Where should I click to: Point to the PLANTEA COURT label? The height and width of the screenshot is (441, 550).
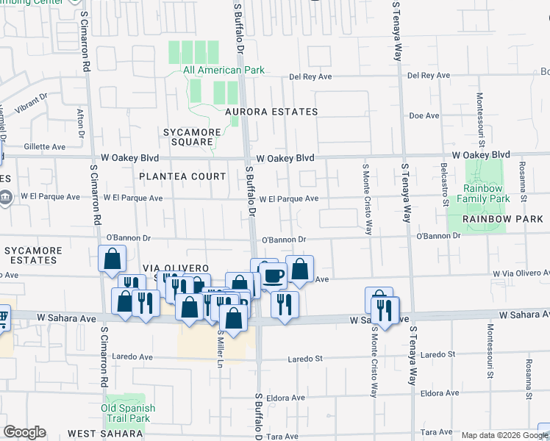[182, 176]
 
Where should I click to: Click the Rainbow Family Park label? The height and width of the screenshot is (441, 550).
[482, 193]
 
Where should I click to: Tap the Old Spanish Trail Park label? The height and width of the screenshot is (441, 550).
[129, 413]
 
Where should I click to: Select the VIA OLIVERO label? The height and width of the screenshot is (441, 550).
[177, 268]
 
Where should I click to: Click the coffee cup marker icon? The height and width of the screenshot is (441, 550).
[274, 276]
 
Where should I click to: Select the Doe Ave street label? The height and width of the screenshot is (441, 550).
[424, 115]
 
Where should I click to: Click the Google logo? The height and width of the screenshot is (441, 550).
[24, 432]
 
